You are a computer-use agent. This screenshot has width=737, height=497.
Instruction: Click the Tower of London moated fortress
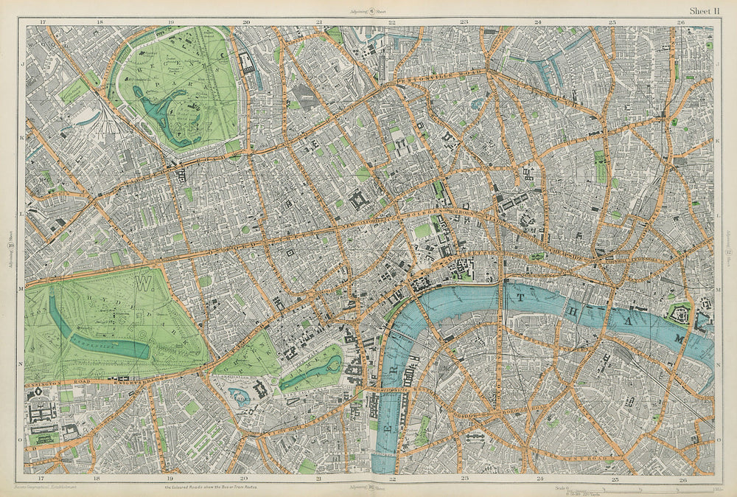(x=678, y=315)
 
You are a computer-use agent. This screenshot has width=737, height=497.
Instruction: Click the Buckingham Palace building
(x=260, y=389)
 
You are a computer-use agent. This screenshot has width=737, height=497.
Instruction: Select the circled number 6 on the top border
(x=372, y=11)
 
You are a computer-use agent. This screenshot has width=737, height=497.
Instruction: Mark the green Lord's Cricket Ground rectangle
(x=74, y=90)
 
